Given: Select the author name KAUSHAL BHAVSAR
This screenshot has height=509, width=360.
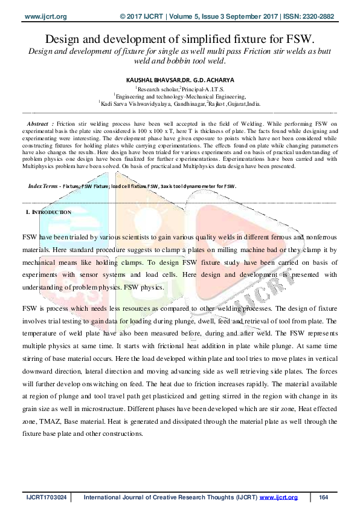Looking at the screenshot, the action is click(x=149, y=79).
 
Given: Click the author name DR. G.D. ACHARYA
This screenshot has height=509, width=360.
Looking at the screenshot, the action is click(x=204, y=79).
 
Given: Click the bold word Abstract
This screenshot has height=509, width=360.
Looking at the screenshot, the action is click(x=40, y=123).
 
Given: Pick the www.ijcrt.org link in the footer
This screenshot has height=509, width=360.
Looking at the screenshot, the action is click(x=279, y=497).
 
